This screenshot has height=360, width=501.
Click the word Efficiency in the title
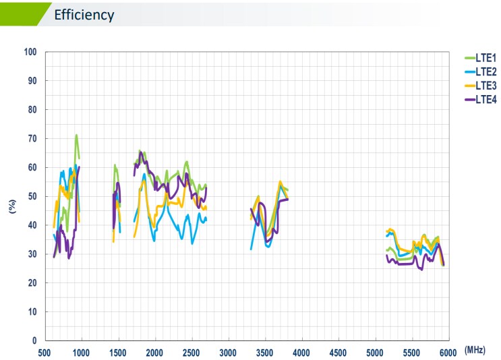[84, 14]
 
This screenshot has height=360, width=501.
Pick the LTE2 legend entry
[485, 71]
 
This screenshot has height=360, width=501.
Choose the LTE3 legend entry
[485, 86]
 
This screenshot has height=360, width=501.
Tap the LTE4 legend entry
[485, 99]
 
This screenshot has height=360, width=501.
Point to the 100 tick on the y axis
[30, 52]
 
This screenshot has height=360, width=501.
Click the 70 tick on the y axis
[32, 138]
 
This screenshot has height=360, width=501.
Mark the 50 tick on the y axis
[32, 196]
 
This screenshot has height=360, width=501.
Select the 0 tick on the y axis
[34, 341]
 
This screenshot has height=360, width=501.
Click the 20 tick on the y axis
[32, 283]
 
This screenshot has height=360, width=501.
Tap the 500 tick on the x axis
[45, 353]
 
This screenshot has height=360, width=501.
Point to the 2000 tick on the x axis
[155, 353]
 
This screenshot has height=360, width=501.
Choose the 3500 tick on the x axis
[265, 353]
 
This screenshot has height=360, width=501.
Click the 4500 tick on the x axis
[338, 353]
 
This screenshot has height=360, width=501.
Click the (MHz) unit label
[475, 351]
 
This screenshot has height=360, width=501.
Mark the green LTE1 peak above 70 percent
[76, 136]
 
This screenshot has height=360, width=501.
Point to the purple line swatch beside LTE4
[469, 99]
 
